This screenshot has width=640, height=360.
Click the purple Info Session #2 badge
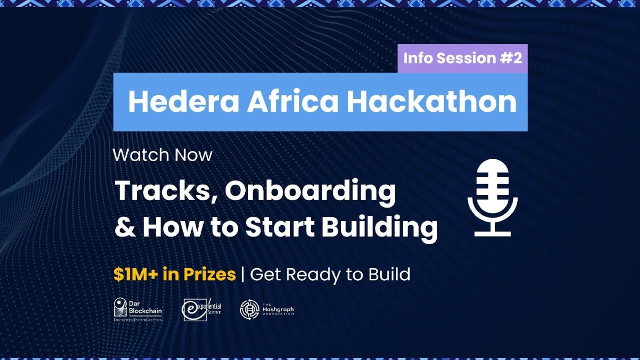(462, 58)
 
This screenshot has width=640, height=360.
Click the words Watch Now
(162, 155)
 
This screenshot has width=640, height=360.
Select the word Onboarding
(310, 191)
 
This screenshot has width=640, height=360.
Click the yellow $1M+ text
(131, 274)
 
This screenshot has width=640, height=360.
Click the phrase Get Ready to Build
(330, 274)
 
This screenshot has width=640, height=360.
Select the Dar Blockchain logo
(138, 309)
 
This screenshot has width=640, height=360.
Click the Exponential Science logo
(202, 309)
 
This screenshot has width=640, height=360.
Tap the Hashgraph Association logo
(267, 309)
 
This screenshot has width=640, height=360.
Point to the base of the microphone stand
(492, 233)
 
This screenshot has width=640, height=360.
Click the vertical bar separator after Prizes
(243, 274)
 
